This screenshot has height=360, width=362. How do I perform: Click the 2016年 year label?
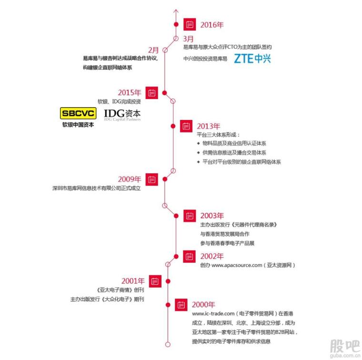(x=211, y=25)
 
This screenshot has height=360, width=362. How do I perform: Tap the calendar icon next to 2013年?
(x=186, y=126)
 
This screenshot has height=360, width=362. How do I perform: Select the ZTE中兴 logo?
(x=252, y=59)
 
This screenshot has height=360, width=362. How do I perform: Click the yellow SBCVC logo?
(x=78, y=113)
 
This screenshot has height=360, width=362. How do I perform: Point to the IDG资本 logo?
(x=122, y=114)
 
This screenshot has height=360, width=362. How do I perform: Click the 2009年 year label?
(x=130, y=180)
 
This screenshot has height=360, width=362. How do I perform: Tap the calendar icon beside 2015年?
(x=152, y=93)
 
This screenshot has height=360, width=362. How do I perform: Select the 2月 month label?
(x=153, y=50)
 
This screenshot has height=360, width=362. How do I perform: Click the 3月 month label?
(x=189, y=39)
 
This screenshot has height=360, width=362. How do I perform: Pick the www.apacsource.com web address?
(x=236, y=265)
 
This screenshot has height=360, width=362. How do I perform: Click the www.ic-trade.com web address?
(x=213, y=314)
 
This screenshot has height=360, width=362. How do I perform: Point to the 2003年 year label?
(x=212, y=216)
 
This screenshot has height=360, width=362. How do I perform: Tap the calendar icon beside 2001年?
(x=155, y=281)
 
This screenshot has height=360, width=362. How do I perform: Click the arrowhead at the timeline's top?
(x=176, y=10)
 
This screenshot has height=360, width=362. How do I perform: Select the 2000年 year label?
(x=203, y=305)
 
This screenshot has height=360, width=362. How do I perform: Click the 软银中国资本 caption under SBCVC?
(x=78, y=125)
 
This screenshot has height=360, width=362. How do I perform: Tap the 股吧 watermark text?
(x=344, y=344)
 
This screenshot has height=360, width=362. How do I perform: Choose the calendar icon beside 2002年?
(x=190, y=256)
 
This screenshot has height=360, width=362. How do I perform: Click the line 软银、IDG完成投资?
(x=119, y=101)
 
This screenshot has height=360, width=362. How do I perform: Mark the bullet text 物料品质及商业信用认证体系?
(x=234, y=143)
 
